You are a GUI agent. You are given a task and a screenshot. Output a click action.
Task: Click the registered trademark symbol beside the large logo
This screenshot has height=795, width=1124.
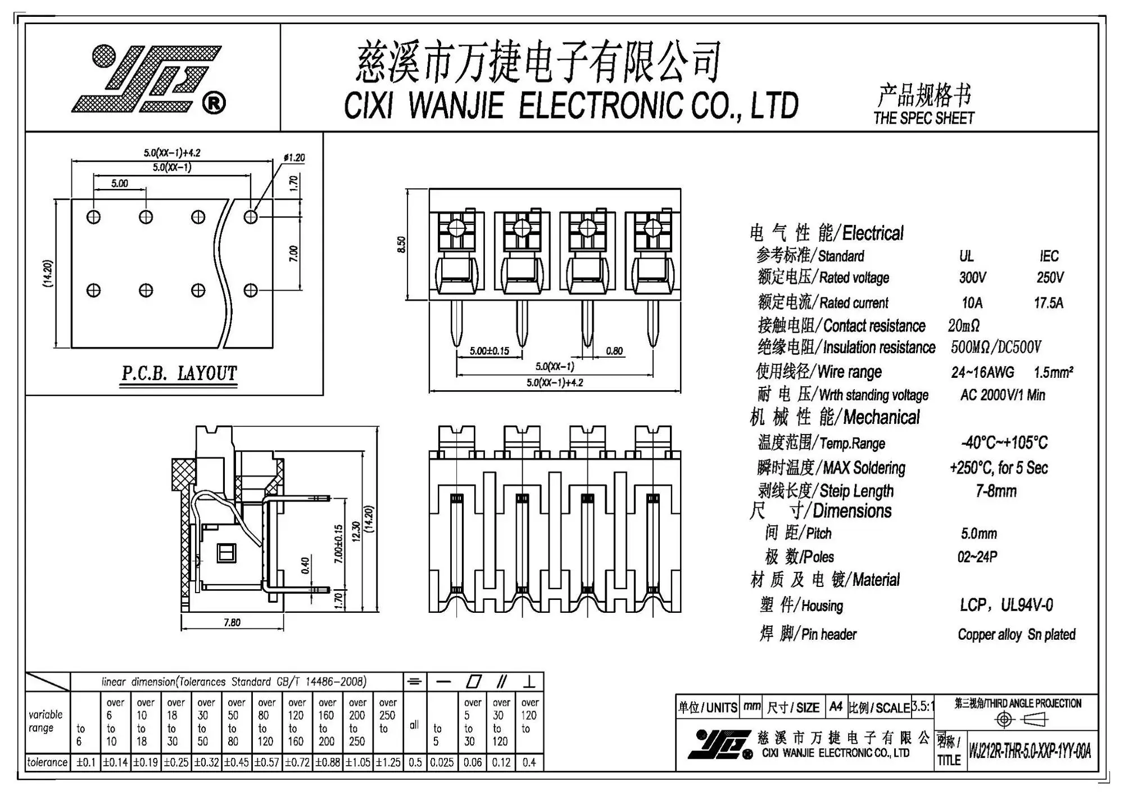pyautogui.click(x=214, y=103)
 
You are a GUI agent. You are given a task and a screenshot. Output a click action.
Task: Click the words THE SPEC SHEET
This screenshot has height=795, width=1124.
pyautogui.click(x=924, y=119)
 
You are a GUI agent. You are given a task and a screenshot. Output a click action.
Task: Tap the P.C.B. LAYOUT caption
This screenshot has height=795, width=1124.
pyautogui.click(x=179, y=373)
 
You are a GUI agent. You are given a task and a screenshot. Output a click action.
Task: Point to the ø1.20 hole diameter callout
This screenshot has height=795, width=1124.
pyautogui.click(x=294, y=158)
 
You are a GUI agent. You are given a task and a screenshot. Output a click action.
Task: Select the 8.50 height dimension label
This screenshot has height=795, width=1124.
pyautogui.click(x=401, y=245)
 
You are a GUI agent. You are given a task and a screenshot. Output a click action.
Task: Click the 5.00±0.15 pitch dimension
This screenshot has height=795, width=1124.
pyautogui.click(x=490, y=351)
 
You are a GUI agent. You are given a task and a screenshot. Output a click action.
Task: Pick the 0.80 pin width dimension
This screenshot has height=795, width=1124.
pyautogui.click(x=614, y=351)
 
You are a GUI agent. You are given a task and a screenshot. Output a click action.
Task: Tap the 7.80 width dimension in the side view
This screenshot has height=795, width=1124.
pyautogui.click(x=232, y=622)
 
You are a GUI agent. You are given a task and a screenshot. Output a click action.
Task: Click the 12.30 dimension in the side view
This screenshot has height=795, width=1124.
pyautogui.click(x=355, y=532)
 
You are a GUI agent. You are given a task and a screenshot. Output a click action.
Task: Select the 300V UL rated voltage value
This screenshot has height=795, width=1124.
pyautogui.click(x=972, y=278)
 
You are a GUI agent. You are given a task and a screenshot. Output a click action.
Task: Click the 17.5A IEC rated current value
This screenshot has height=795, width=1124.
pyautogui.click(x=1049, y=303)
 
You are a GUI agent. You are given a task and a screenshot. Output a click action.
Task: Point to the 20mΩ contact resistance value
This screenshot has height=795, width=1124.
pyautogui.click(x=963, y=326)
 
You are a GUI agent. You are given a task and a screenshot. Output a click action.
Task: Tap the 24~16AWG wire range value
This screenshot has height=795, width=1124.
pyautogui.click(x=982, y=372)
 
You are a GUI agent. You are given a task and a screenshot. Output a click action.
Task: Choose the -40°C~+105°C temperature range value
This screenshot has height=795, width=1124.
pyautogui.click(x=1004, y=443)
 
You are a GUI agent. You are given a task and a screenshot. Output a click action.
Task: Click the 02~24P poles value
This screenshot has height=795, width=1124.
pyautogui.click(x=977, y=557)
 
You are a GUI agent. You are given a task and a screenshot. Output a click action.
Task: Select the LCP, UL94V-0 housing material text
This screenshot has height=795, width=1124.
pyautogui.click(x=1006, y=606)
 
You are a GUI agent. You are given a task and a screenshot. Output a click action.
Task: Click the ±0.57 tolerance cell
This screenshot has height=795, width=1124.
pyautogui.click(x=266, y=762)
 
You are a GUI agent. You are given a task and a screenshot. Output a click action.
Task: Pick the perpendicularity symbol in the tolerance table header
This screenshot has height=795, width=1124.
pyautogui.click(x=529, y=682)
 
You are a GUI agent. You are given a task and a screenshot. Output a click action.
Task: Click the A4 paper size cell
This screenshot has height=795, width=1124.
pyautogui.click(x=836, y=707)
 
